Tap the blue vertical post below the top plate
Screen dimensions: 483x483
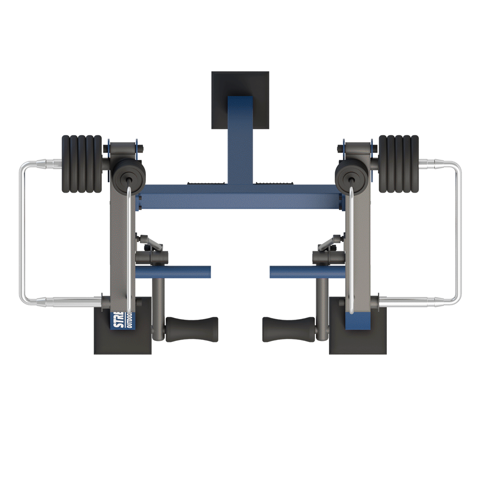(x=240, y=140)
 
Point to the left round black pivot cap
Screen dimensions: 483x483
(x=129, y=175)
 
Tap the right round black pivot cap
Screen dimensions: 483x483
(x=351, y=175)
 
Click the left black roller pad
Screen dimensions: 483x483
(x=192, y=329)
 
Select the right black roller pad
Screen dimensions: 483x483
(x=288, y=329)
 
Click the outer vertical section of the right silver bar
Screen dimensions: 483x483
(x=458, y=232)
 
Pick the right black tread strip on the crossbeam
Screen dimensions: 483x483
(x=275, y=183)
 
